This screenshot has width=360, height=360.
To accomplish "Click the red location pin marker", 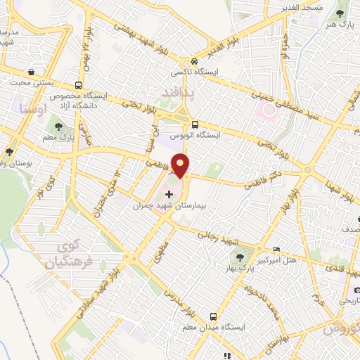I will (181, 165).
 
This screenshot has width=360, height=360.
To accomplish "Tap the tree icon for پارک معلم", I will (58, 127).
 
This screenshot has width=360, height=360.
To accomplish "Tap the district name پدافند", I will (172, 92).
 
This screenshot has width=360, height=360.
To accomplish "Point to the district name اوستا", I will (33, 109).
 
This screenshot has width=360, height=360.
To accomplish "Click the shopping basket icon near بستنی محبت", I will (32, 72).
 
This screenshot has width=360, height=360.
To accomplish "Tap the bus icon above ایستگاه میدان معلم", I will (212, 317).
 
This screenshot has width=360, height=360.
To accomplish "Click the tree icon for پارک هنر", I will (342, 13).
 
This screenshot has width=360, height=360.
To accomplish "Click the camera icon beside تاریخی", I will (357, 290).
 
